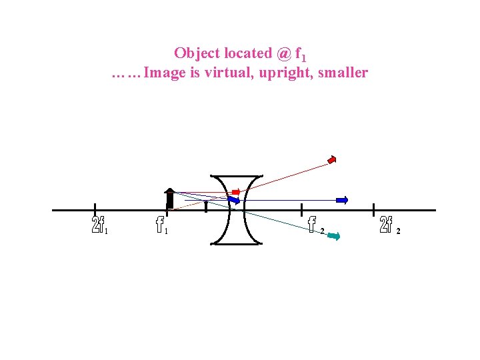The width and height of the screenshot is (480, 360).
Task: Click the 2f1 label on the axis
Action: (x=99, y=225)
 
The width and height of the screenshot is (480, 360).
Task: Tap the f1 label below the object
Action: (x=161, y=225)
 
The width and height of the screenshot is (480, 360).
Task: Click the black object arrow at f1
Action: (x=170, y=199)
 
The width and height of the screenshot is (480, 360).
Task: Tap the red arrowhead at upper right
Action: (x=332, y=159)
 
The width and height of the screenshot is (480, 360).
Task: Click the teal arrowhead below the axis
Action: (x=334, y=235)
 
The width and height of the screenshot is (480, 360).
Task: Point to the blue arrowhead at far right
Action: (x=343, y=199)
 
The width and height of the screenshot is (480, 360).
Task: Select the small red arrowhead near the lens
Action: (x=236, y=192)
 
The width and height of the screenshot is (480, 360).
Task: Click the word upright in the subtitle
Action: (x=283, y=73)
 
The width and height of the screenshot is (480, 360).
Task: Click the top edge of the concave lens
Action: (x=235, y=177)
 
